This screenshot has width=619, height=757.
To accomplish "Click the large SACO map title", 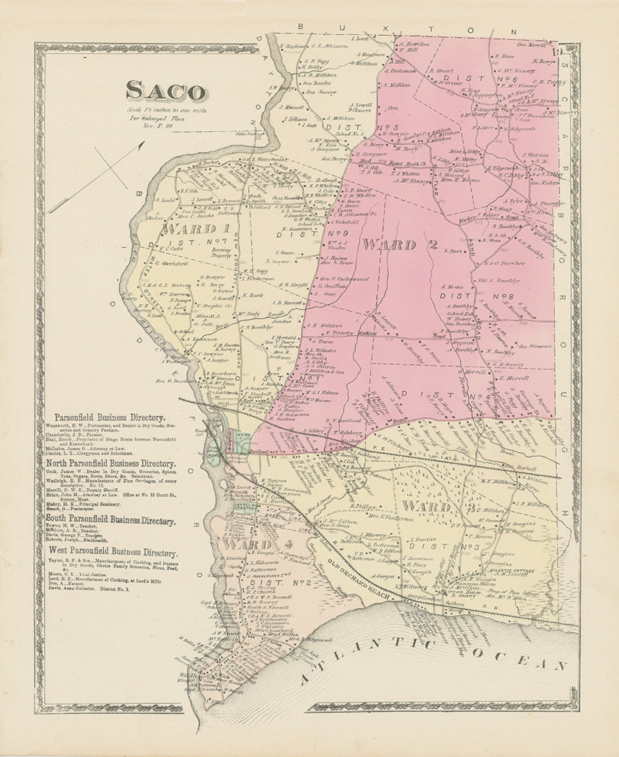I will (x=166, y=92).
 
